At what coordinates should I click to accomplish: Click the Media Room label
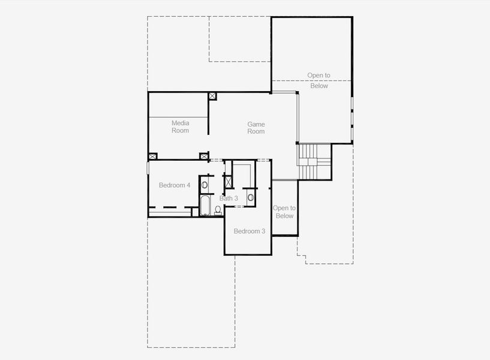point(181,127)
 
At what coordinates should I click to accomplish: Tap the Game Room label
point(256,128)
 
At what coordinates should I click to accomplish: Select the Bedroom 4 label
point(175,185)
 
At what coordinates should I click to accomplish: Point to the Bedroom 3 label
point(249,231)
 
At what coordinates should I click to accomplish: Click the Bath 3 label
point(229,198)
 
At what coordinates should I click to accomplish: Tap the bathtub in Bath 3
point(205,205)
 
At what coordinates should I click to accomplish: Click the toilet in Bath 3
point(218,210)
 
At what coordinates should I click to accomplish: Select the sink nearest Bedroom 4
point(204,185)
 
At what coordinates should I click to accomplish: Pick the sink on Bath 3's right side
point(251,197)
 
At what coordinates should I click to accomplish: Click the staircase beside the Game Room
point(314,161)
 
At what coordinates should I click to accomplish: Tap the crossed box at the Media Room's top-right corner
point(212,96)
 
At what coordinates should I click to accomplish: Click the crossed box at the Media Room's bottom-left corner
point(153,156)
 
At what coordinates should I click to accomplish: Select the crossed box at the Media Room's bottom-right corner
point(204,156)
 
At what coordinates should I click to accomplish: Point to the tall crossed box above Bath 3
point(229,182)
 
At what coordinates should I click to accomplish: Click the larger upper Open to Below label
point(318,80)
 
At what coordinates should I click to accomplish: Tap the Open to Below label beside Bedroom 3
point(284,212)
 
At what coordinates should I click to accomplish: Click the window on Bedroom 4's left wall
point(148,168)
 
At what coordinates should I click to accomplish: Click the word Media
point(181,123)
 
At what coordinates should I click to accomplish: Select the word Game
point(256,124)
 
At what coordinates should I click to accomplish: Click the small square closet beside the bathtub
point(195,212)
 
